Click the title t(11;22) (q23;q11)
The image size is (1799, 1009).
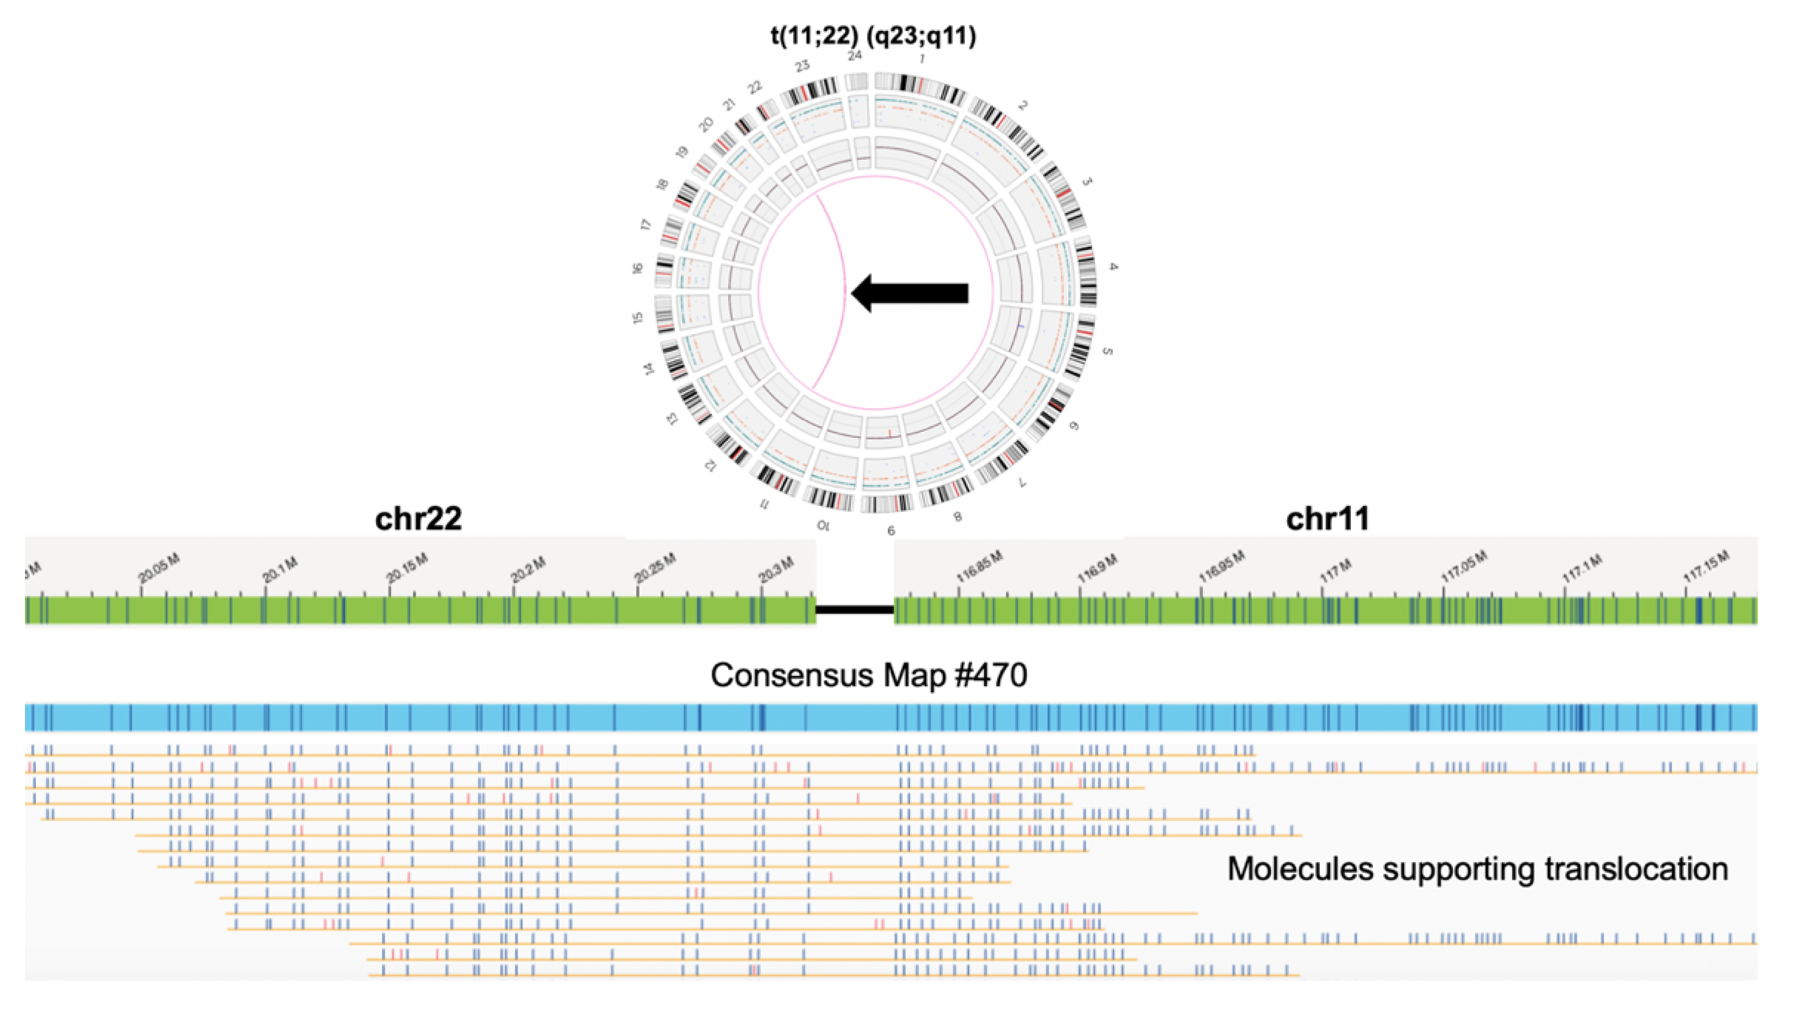pyautogui.click(x=873, y=35)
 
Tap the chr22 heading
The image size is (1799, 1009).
pyautogui.click(x=418, y=519)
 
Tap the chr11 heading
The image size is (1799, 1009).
pyautogui.click(x=1327, y=519)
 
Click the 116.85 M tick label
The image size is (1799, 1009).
pyautogui.click(x=980, y=567)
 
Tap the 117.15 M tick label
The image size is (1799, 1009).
pyautogui.click(x=1707, y=567)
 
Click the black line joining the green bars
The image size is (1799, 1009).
pyautogui.click(x=855, y=610)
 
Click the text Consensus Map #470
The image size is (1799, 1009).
pyautogui.click(x=869, y=675)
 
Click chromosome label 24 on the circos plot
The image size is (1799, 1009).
pyautogui.click(x=855, y=56)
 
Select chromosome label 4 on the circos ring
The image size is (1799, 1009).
pyautogui.click(x=1113, y=267)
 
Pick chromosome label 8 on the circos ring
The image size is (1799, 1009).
pyautogui.click(x=957, y=517)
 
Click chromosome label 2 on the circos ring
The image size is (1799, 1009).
pyautogui.click(x=1023, y=105)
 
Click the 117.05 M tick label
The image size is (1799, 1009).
pyautogui.click(x=1464, y=567)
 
